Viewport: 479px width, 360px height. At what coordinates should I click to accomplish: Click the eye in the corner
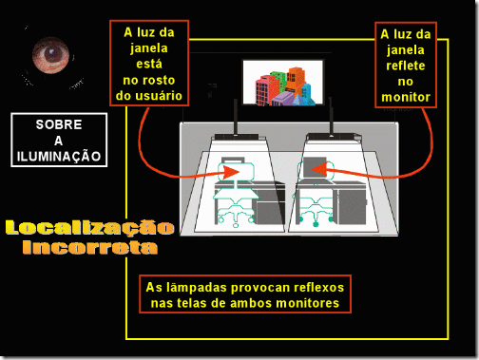(50, 55)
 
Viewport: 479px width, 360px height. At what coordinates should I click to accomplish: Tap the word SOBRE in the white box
(59, 124)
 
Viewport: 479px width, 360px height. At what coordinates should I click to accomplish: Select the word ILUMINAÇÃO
(59, 156)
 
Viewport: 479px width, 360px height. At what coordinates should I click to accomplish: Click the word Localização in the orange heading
(90, 228)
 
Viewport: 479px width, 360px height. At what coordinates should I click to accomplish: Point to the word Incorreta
(90, 247)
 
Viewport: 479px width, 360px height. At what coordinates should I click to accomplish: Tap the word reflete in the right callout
(406, 66)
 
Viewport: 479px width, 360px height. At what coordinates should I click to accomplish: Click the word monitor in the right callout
(406, 97)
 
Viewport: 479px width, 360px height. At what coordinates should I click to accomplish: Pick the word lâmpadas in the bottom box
(197, 288)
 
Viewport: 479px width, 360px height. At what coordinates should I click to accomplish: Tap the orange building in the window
(295, 79)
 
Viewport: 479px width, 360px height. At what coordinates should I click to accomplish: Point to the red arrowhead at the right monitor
(319, 169)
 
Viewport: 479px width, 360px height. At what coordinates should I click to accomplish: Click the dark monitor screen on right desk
(315, 167)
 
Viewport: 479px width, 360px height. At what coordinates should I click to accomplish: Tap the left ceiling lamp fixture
(237, 137)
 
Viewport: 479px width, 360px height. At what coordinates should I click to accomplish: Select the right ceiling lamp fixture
(334, 137)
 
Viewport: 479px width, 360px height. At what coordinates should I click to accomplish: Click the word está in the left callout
(149, 64)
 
